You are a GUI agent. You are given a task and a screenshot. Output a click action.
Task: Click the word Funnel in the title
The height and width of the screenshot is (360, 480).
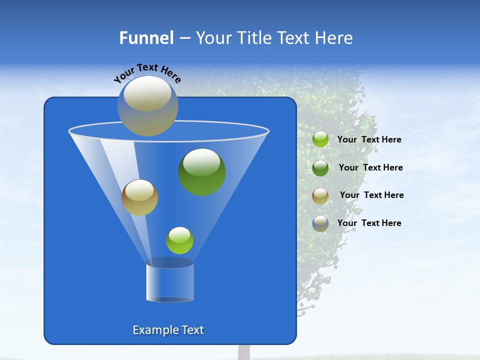[x=146, y=38]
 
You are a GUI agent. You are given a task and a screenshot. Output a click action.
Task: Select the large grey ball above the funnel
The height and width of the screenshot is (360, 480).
[x=147, y=105]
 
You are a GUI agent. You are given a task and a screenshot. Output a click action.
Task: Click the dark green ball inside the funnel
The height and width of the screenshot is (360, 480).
[x=201, y=171]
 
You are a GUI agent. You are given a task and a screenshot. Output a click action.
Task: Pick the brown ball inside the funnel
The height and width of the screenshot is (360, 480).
[x=139, y=197]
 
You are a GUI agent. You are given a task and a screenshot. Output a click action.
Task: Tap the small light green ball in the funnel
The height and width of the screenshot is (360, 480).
[x=179, y=240]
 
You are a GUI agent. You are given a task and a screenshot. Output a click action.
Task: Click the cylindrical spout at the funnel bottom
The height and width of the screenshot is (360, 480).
[x=170, y=281]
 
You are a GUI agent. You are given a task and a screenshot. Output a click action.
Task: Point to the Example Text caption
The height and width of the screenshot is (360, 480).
[x=168, y=330]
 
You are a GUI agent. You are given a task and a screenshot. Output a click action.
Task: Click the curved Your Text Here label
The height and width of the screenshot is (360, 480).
[x=147, y=72]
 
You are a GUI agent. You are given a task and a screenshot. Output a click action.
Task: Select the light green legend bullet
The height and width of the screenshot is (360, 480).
[x=320, y=139]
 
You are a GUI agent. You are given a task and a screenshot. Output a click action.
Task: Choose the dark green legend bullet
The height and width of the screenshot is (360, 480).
[x=320, y=167]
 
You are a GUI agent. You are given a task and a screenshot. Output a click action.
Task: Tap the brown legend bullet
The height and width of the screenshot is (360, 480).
[x=320, y=195]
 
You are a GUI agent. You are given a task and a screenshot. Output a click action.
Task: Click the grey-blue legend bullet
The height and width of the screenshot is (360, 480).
[x=320, y=223]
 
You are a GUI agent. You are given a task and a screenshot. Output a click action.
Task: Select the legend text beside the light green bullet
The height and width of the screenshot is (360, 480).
[x=369, y=140]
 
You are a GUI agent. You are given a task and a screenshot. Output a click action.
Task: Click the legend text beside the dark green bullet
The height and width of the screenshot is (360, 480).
[x=370, y=167]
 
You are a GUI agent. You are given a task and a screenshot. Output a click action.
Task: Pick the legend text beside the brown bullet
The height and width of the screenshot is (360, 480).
[x=371, y=195]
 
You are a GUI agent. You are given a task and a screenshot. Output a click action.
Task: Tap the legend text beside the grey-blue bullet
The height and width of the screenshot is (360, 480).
[x=369, y=223]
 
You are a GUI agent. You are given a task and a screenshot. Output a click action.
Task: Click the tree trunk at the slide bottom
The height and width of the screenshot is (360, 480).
[x=243, y=352]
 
